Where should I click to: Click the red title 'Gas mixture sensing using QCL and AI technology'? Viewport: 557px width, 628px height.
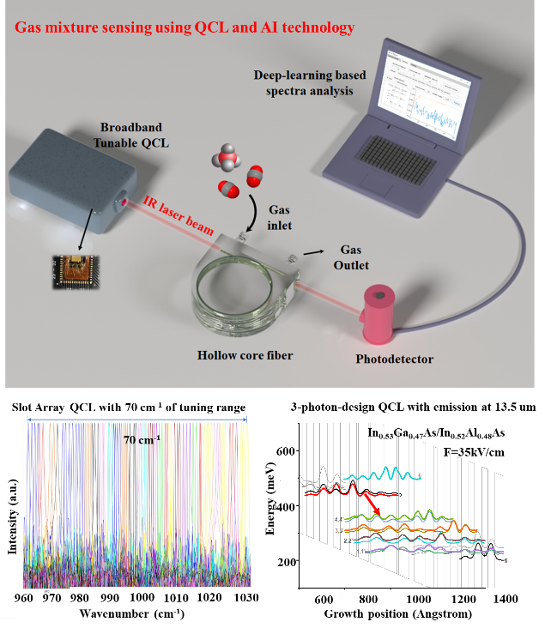[185, 28]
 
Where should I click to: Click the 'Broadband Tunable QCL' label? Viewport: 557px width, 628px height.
[137, 134]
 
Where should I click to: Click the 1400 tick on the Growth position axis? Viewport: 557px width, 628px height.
[504, 599]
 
